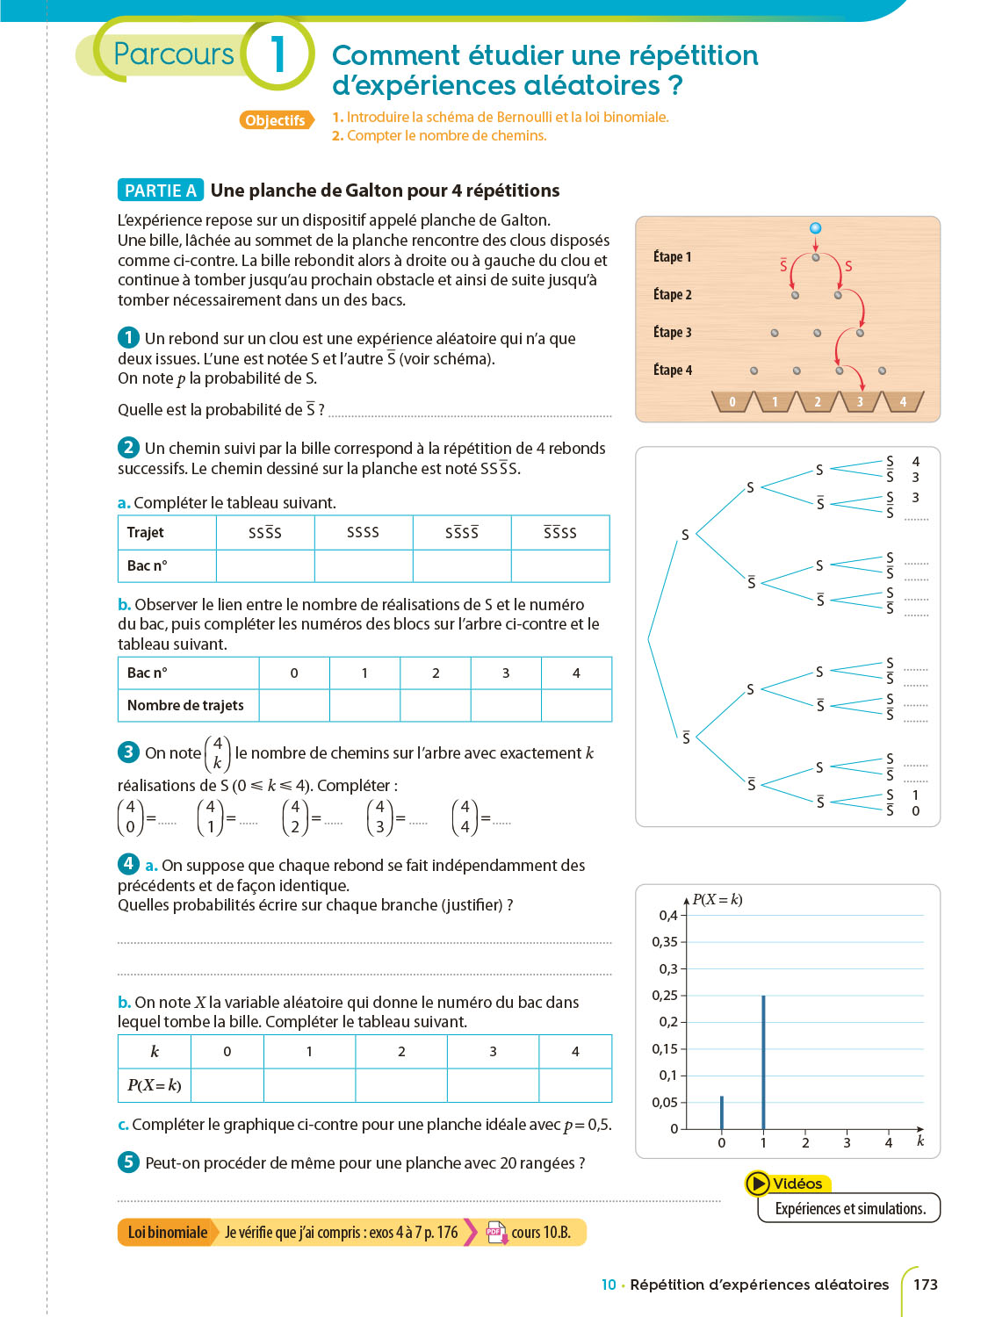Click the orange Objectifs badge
coord(275,120)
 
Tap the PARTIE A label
coord(160,191)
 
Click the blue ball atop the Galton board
coord(815,228)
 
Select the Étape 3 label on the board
coord(672,332)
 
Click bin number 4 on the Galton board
coord(902,402)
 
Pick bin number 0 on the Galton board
coord(732,402)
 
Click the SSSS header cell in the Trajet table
coord(363,532)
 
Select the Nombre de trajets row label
coord(185,705)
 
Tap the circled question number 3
coord(128,752)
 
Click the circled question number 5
coord(128,1162)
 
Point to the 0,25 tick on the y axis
coord(665,996)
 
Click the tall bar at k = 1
coord(763,1062)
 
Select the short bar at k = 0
coord(722,1112)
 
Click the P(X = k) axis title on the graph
coord(717,899)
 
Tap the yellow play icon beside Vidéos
coord(757,1184)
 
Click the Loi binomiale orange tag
coord(167,1232)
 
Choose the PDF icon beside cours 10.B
coord(496,1232)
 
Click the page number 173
coord(925,1285)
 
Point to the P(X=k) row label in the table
coord(155,1085)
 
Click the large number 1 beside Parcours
coord(278,54)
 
